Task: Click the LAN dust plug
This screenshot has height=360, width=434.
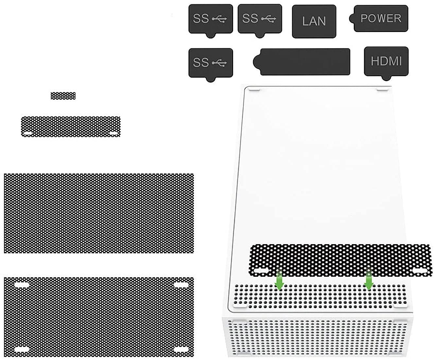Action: coord(314,21)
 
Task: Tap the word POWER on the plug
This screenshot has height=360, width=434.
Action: coord(381,18)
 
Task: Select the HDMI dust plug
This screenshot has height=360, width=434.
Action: coord(386,61)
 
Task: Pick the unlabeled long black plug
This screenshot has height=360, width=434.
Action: coord(304,62)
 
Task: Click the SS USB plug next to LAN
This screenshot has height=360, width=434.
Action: coord(259,19)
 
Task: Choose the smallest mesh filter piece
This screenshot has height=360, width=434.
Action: coord(63,96)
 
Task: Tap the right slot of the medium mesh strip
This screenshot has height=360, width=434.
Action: coord(113,134)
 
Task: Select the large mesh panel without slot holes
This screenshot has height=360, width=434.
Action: coord(99,213)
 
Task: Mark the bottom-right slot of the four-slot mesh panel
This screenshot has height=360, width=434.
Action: coord(181,349)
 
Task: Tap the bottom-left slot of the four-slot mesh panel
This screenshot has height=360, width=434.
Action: coord(22,349)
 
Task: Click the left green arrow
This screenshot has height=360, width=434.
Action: coord(279,281)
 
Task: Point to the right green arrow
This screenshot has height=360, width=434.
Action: coord(369,281)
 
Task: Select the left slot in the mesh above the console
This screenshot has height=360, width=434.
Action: coord(261,271)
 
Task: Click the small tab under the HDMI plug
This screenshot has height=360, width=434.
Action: coord(386,78)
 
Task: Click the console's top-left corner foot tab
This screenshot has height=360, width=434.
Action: coord(255,89)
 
